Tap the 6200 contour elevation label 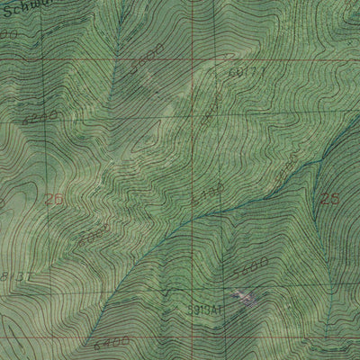pos(38,115)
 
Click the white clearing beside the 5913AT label pos(241,297)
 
